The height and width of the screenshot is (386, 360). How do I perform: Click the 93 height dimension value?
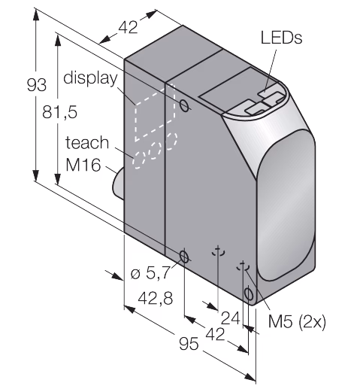(37, 85)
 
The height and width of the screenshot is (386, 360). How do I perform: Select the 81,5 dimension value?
(59, 111)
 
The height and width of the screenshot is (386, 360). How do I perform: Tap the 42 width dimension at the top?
(128, 27)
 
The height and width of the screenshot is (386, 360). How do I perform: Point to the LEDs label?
(281, 38)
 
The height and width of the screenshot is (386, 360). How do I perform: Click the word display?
(90, 78)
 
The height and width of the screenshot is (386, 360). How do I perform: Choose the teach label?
(87, 142)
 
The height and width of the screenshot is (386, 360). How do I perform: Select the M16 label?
(83, 165)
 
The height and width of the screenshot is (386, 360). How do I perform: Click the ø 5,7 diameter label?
(150, 272)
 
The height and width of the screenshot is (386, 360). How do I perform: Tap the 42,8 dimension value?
(156, 298)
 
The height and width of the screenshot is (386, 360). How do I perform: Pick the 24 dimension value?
(231, 318)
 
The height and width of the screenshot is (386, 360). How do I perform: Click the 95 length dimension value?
(189, 343)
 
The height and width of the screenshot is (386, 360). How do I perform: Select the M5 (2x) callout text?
(297, 321)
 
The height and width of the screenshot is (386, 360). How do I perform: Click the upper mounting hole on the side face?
(184, 105)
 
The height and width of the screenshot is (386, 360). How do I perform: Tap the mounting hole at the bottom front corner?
(249, 293)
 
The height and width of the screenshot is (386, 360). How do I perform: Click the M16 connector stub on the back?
(118, 183)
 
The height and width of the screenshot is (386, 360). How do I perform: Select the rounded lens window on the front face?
(286, 205)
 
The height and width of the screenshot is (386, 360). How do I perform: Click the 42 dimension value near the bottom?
(215, 334)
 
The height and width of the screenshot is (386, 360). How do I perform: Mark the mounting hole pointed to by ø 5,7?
(184, 257)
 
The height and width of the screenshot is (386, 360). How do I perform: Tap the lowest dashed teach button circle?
(139, 160)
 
